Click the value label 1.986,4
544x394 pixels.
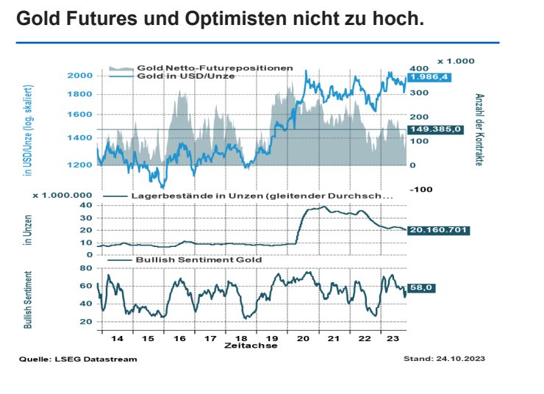pyautogui.click(x=428, y=76)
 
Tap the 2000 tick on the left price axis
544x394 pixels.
pyautogui.click(x=80, y=76)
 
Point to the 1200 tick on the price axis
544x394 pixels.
pyautogui.click(x=80, y=165)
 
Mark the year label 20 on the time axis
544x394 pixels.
pyautogui.click(x=302, y=339)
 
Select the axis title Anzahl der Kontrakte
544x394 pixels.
pyautogui.click(x=479, y=129)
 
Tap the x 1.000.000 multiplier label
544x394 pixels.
pyautogui.click(x=63, y=196)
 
